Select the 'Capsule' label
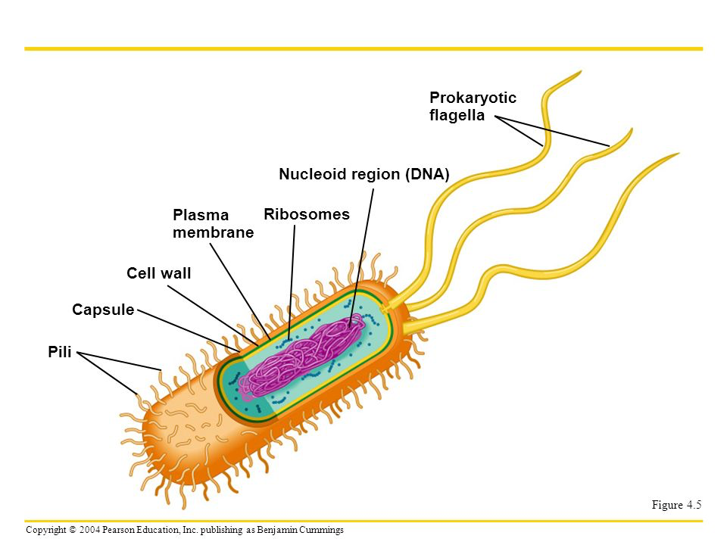tap(103, 310)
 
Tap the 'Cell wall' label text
tap(159, 273)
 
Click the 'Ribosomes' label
tap(307, 214)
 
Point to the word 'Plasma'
tap(201, 216)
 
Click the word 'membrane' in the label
tap(214, 233)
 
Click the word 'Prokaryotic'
tap(473, 98)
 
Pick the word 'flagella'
tap(457, 116)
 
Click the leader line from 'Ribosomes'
tap(292, 280)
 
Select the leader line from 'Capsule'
tap(189, 331)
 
